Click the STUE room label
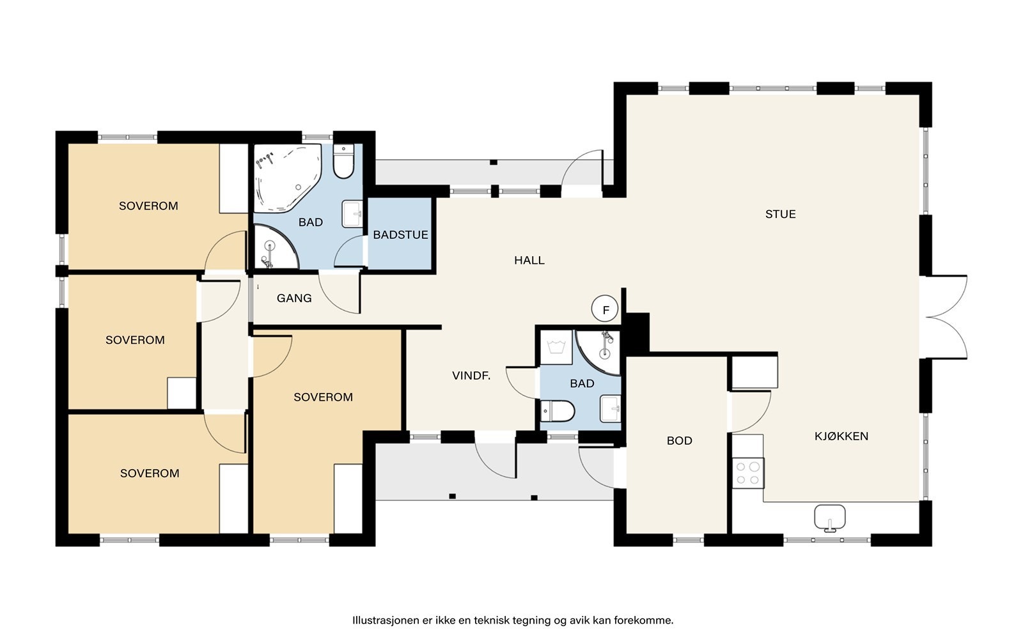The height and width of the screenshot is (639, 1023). (781, 214)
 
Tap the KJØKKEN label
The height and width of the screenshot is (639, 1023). (841, 436)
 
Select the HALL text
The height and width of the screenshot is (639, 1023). (529, 260)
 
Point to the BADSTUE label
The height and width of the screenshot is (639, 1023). (400, 235)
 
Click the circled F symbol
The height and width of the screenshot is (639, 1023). (605, 309)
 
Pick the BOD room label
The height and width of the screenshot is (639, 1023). (680, 440)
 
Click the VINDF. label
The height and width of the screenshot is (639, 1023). (471, 376)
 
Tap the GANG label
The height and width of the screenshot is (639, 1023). (294, 298)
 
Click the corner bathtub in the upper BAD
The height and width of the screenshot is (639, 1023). (287, 178)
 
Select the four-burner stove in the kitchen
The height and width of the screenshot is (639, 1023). (748, 473)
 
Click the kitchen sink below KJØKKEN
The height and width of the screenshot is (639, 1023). (830, 518)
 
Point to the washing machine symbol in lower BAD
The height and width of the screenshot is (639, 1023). (556, 348)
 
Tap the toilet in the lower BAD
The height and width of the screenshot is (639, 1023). (557, 412)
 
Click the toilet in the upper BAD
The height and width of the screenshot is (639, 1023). (343, 162)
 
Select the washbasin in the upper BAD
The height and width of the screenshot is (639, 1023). (352, 213)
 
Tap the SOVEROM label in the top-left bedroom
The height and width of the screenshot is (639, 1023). (148, 206)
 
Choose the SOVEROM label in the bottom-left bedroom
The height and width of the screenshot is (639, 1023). (150, 473)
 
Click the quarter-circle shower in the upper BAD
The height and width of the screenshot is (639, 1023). (274, 247)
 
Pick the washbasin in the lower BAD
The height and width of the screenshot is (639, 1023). (610, 408)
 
